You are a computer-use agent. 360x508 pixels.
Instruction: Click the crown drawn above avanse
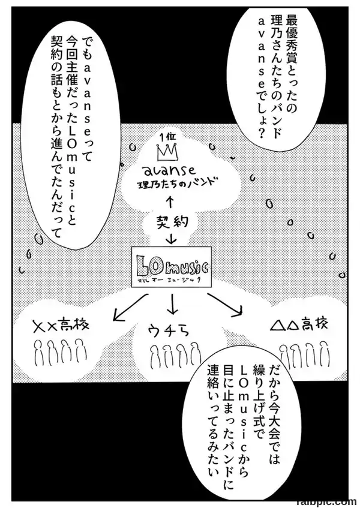[x=168, y=152]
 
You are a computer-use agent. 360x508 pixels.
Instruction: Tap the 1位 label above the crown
[x=167, y=136]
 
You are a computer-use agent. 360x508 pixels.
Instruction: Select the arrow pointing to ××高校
[x=130, y=307]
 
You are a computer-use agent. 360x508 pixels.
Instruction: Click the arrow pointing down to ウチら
[x=173, y=304]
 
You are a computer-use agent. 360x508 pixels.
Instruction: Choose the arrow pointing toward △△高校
[x=225, y=303]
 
